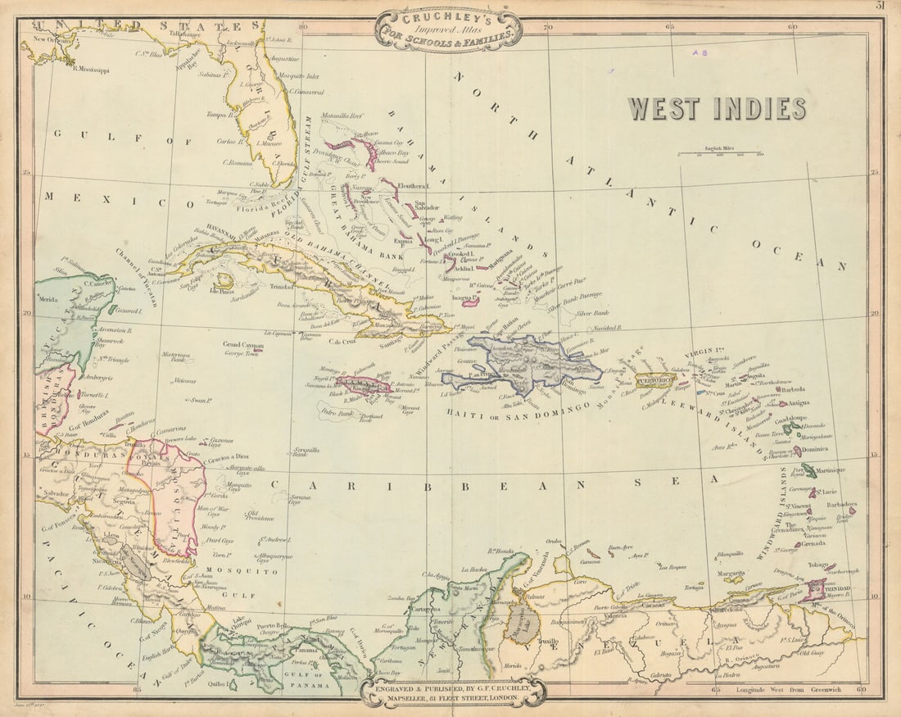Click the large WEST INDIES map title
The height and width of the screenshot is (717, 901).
coord(717,108)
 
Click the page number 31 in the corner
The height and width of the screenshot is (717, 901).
coord(881,6)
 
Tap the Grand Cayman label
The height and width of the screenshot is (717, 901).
coord(243,345)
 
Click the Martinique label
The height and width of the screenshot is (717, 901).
coord(835,470)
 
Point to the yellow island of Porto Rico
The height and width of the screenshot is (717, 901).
coord(654,381)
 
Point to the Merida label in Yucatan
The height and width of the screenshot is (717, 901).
coord(48,300)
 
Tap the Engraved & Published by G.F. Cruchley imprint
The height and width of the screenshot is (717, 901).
coord(452,693)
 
